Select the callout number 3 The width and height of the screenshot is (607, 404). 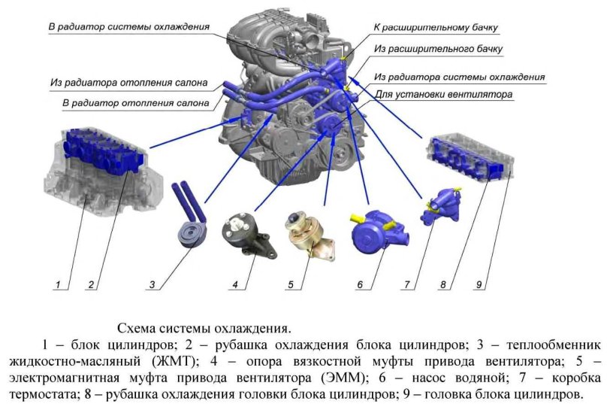(152, 284)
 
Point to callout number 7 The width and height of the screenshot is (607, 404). (406, 284)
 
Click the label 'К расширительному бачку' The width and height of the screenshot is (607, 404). (436, 28)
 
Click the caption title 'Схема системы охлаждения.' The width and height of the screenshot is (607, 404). (203, 329)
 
